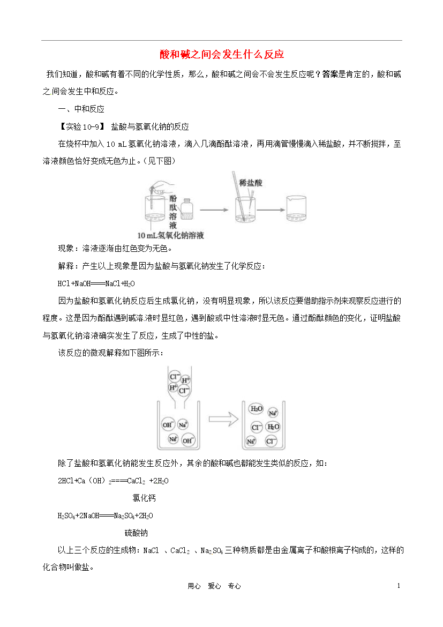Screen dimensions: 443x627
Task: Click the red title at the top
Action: tap(222, 54)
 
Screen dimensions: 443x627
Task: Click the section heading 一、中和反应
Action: tap(81, 109)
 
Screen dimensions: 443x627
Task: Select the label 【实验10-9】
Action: tap(82, 127)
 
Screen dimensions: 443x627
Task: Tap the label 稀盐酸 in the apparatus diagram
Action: tap(251, 183)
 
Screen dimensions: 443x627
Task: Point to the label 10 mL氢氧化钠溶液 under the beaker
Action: tap(171, 235)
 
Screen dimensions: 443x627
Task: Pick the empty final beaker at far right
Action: tap(296, 208)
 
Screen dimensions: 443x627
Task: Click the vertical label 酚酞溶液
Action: tap(172, 212)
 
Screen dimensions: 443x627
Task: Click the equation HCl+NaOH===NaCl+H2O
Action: tap(96, 283)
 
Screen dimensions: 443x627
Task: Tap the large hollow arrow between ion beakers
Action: tap(223, 419)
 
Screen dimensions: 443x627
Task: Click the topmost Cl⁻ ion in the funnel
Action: tap(174, 376)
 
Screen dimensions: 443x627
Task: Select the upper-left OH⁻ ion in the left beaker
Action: tap(168, 424)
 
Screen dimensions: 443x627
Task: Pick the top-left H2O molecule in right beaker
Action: tap(256, 409)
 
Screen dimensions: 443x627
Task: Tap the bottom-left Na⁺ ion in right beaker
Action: tap(251, 442)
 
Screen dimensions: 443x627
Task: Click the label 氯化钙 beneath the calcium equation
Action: tap(144, 498)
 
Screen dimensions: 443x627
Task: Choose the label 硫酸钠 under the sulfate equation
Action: tap(137, 533)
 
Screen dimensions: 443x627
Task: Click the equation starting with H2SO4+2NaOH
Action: tap(105, 516)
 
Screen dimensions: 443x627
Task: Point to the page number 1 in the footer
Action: tap(399, 586)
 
